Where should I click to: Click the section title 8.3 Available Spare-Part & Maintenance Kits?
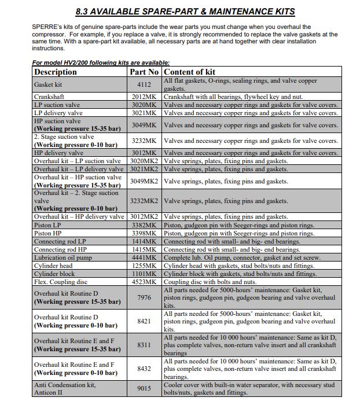click(x=185, y=12)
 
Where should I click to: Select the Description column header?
click(x=56, y=72)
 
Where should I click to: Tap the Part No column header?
click(x=144, y=72)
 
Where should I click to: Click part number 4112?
click(x=144, y=84)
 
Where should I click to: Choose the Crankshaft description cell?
click(x=49, y=97)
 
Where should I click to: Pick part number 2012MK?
click(x=144, y=97)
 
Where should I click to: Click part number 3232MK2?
click(x=144, y=201)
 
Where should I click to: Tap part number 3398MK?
click(x=144, y=233)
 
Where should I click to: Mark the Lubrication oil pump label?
click(x=63, y=257)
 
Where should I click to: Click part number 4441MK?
click(x=144, y=257)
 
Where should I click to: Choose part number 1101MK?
click(x=144, y=274)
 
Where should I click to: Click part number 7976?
click(x=144, y=297)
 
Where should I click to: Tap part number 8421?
click(x=144, y=321)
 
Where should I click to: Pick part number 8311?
click(x=144, y=345)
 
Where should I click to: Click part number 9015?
click(x=144, y=388)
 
